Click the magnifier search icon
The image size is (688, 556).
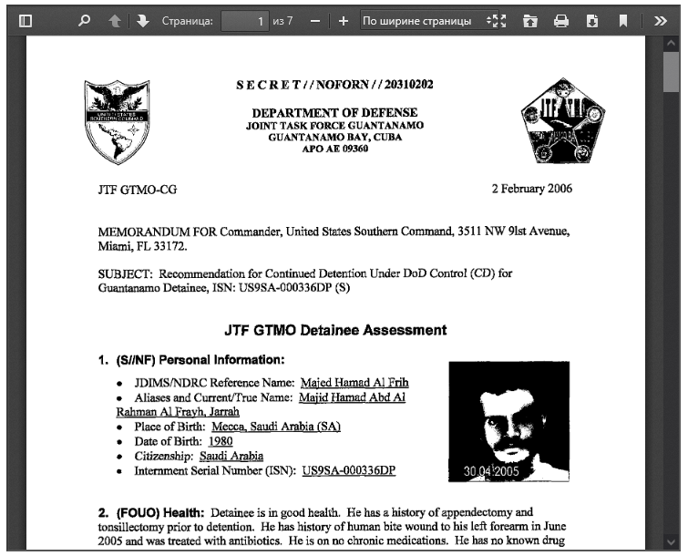point(85,20)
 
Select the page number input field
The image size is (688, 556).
point(246,20)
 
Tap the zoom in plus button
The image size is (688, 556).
point(344,20)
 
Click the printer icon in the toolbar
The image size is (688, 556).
point(561,20)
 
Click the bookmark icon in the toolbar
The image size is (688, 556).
point(623,20)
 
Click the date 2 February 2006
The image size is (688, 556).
point(532,190)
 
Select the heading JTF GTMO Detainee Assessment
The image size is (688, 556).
point(335,330)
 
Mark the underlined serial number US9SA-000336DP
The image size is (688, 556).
point(349,470)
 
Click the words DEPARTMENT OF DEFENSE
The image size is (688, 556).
point(334,112)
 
